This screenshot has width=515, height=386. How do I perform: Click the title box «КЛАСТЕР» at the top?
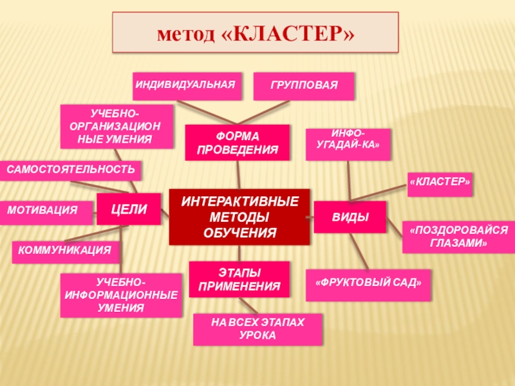pos(256,32)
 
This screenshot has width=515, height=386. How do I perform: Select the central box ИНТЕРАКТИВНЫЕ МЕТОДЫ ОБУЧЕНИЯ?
pos(239,217)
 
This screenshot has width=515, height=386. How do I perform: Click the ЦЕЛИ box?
pos(129,209)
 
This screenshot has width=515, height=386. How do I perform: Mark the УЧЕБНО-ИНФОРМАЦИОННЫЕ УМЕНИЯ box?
pos(120,295)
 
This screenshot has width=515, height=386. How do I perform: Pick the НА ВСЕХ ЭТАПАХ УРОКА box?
pos(257,329)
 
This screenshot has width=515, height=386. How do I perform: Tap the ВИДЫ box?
pos(350,217)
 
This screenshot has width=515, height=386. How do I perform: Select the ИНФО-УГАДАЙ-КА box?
pos(348,143)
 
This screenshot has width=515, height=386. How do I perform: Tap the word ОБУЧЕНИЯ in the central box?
pos(239,232)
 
